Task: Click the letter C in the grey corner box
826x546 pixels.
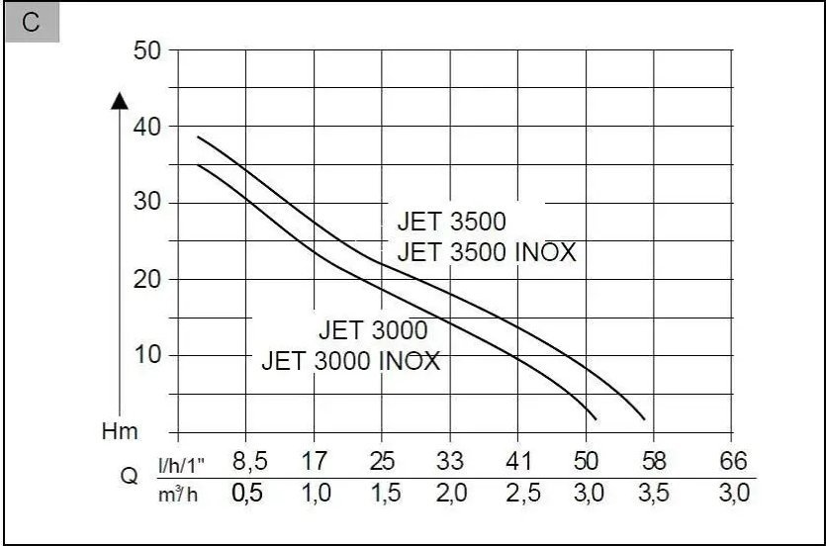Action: [32, 24]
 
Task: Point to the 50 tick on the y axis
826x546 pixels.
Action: [147, 50]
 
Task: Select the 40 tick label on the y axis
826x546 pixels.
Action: [147, 127]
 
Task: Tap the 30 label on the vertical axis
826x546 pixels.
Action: [147, 203]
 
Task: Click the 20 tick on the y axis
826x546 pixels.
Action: [147, 279]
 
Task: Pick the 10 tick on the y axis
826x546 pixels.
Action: [147, 355]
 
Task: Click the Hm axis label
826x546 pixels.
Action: [120, 431]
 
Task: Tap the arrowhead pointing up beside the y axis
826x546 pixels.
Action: [120, 99]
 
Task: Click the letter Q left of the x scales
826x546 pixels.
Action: [129, 476]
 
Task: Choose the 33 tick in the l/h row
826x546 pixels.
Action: [449, 461]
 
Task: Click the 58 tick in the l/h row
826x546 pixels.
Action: [655, 461]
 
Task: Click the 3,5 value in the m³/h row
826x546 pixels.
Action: [655, 493]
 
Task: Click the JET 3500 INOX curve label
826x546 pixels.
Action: [486, 252]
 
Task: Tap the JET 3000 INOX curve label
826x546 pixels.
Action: [351, 360]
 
